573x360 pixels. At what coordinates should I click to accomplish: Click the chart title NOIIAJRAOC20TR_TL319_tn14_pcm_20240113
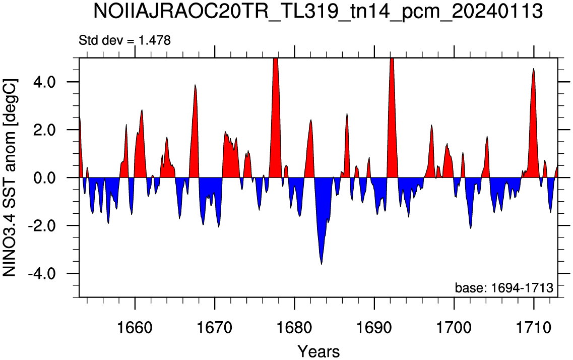pos(318,11)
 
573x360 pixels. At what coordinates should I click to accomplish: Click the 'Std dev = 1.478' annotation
pos(124,40)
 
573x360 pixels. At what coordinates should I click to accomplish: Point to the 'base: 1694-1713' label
pos(504,288)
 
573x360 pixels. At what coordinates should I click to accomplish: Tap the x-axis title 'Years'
pos(319,351)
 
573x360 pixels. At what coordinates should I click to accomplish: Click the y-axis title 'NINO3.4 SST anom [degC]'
pos(10,177)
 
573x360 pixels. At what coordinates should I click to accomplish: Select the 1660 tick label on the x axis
pos(135,327)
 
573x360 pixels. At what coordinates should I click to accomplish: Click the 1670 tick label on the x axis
pos(215,327)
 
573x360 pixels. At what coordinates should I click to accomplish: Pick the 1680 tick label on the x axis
pos(294,327)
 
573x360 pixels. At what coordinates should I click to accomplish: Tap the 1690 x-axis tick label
pos(374,327)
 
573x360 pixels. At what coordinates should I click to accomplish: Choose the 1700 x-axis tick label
pos(454,327)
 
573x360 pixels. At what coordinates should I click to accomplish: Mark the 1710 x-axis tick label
pos(534,327)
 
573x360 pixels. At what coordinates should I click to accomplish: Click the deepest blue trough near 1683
pos(321,264)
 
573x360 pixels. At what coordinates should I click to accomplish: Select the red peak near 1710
pos(534,69)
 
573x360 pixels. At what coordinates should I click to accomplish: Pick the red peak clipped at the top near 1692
pos(392,58)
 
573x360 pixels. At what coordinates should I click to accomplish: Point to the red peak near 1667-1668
pos(195,85)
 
